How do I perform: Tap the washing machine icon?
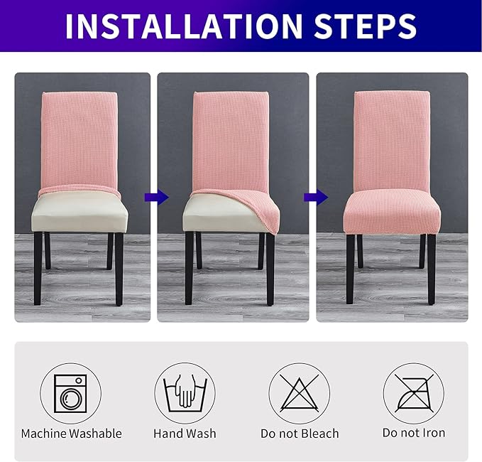click(x=70, y=394)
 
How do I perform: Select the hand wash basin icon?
click(x=185, y=394)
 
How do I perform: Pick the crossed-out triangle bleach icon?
click(x=299, y=394)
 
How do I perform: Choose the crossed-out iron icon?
click(x=413, y=394)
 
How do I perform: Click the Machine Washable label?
click(x=71, y=433)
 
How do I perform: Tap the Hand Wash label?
click(x=185, y=433)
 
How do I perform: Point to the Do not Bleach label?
click(x=299, y=433)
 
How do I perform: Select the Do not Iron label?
click(x=413, y=433)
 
